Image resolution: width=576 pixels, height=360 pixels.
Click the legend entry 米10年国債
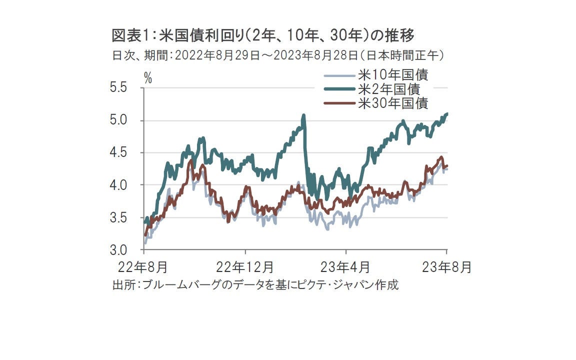pyautogui.click(x=393, y=76)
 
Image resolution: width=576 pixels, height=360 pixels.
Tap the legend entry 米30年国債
pyautogui.click(x=393, y=103)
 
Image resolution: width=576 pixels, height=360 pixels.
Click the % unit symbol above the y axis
pyautogui.click(x=148, y=77)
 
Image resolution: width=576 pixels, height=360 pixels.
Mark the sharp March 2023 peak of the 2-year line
pyautogui.click(x=303, y=116)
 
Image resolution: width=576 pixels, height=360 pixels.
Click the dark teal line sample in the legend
pyautogui.click(x=340, y=90)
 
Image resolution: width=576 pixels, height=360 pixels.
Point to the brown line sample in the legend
pyautogui.click(x=340, y=103)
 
